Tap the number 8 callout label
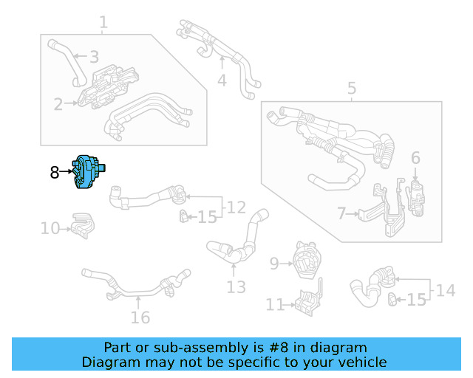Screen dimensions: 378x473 pos(54,173)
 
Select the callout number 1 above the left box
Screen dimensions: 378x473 pos(103,23)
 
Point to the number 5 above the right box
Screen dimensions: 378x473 pos(352,89)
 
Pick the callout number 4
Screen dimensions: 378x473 pos(222,80)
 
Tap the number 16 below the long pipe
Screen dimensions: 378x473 pos(140,317)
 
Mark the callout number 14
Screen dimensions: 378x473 pos(445,290)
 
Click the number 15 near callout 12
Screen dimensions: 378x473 pos(208,217)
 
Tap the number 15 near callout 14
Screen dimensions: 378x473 pos(417,300)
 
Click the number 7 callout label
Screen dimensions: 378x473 pos(341,214)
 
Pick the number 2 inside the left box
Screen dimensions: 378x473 pos(58,104)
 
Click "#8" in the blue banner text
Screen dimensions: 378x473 pos(275,348)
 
